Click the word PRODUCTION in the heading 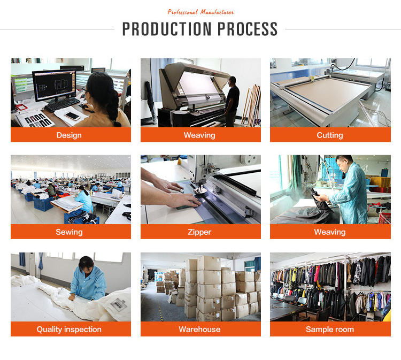click(167, 29)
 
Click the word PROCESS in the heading click(248, 29)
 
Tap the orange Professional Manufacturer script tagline click(200, 12)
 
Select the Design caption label click(69, 135)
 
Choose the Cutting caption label click(330, 135)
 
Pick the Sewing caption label click(69, 232)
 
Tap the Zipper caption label click(199, 232)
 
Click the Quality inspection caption click(69, 330)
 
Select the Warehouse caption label click(199, 330)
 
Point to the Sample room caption click(330, 330)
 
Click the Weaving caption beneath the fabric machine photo click(199, 135)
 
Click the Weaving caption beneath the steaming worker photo click(330, 232)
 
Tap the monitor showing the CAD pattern click(54, 85)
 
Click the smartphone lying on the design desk click(72, 116)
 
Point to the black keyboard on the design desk click(62, 104)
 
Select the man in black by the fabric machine click(232, 101)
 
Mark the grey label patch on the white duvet click(119, 304)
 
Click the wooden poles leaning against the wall click(252, 105)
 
